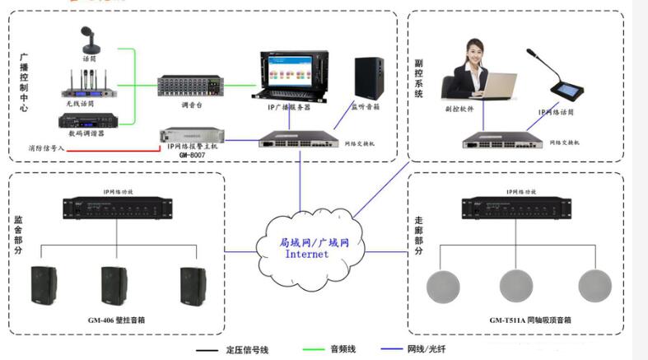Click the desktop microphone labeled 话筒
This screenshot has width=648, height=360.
tap(89, 40)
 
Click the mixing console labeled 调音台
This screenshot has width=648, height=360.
tap(188, 86)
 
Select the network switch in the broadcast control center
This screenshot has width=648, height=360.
tap(296, 140)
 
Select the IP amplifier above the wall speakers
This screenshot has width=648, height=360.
tap(119, 209)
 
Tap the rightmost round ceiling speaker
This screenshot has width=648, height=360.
tap(594, 285)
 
